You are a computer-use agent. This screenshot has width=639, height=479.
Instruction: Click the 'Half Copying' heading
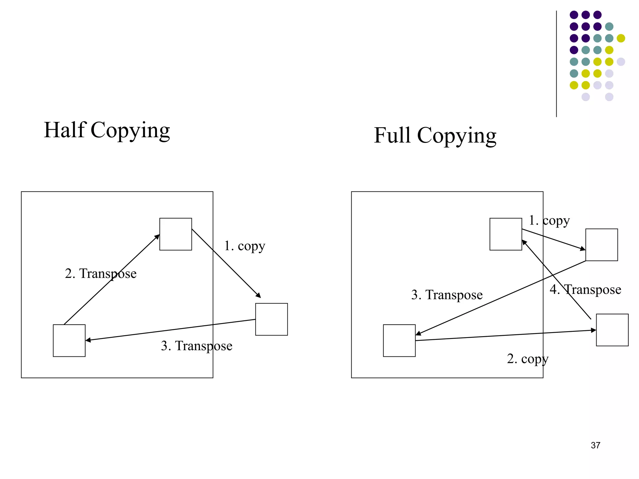107,130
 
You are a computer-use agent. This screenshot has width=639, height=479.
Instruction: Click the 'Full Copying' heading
435,136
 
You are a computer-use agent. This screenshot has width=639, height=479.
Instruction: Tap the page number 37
595,445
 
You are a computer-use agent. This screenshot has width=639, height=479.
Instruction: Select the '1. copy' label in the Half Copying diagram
245,246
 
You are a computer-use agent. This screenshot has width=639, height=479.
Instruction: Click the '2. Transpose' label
100,273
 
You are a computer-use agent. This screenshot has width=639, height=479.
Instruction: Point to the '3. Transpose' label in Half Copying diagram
197,346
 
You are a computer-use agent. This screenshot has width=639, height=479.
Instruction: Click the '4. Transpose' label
585,290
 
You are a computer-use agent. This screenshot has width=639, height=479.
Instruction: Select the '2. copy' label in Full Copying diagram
528,359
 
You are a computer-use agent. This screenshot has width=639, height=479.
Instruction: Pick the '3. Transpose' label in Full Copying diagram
447,295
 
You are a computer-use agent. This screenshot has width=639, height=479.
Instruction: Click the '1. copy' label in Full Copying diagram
549,220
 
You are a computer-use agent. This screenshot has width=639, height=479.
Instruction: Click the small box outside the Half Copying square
271,319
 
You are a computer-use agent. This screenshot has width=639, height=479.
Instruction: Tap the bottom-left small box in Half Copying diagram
69,341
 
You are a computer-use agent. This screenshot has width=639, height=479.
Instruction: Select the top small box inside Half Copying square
176,234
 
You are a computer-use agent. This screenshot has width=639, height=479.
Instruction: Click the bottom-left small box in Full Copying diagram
399,341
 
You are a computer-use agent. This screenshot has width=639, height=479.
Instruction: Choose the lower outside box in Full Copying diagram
612,330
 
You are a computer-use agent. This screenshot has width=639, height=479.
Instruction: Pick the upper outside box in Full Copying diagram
602,245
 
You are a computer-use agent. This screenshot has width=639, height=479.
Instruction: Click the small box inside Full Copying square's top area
506,234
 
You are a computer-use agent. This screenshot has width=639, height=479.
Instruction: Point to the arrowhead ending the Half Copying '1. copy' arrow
259,296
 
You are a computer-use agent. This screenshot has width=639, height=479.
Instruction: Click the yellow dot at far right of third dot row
621,38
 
